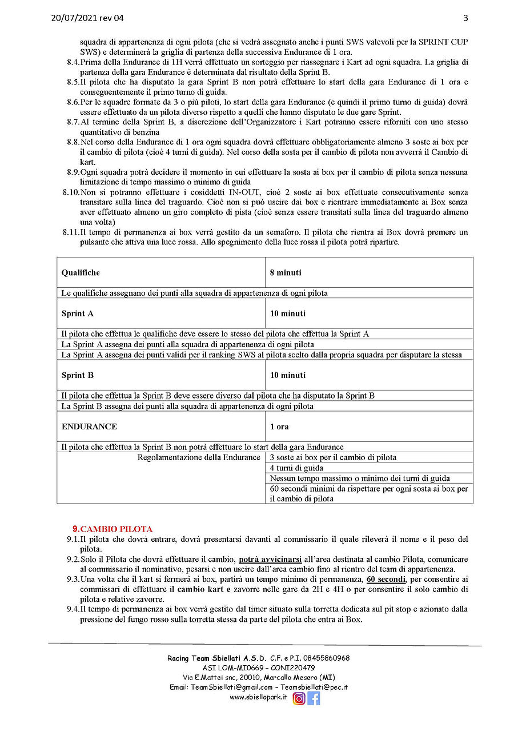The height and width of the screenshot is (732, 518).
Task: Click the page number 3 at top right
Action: pyautogui.click(x=465, y=18)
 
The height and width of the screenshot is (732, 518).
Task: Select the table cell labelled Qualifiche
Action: pyautogui.click(x=81, y=273)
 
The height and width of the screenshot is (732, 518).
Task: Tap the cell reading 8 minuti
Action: pyautogui.click(x=286, y=273)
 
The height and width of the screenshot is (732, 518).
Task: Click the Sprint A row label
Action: pyautogui.click(x=78, y=313)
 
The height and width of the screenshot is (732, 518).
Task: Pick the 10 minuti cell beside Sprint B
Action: pyautogui.click(x=288, y=375)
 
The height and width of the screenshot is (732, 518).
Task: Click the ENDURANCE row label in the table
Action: pyautogui.click(x=89, y=427)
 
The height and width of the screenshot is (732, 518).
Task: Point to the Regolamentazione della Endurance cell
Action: pyautogui.click(x=199, y=457)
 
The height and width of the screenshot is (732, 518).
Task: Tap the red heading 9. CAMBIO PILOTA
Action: pyautogui.click(x=113, y=529)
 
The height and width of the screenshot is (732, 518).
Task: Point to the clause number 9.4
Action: pyautogui.click(x=73, y=609)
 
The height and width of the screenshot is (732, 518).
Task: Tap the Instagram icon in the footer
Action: pyautogui.click(x=299, y=698)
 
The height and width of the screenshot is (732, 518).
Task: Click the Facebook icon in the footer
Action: pyautogui.click(x=314, y=698)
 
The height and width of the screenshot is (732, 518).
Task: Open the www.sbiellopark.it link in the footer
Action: pyautogui.click(x=258, y=697)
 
